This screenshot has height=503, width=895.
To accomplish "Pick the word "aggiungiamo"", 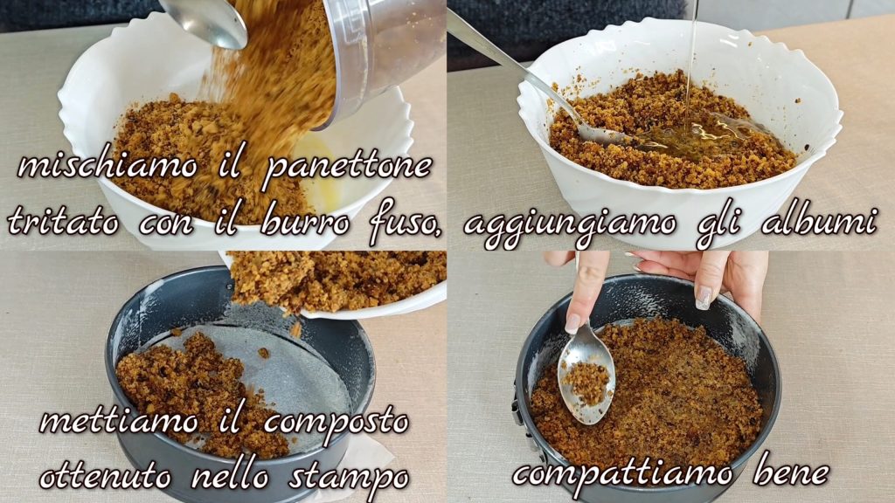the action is (x=570, y=224).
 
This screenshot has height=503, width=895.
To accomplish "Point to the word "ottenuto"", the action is (x=105, y=476).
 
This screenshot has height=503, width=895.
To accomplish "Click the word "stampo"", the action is (x=349, y=478).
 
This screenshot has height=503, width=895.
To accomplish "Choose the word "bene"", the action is (x=791, y=471).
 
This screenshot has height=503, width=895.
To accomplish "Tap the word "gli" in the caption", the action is (x=718, y=221).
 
